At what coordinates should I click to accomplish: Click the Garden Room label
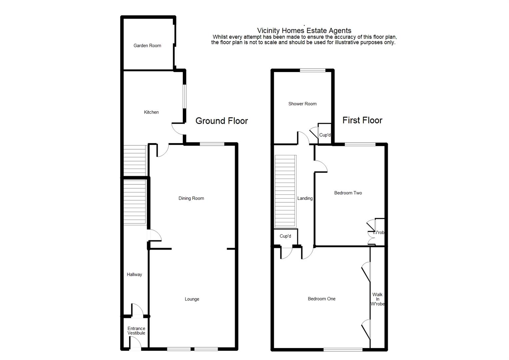(147, 46)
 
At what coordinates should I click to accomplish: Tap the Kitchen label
(151, 112)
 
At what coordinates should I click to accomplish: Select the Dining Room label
(191, 198)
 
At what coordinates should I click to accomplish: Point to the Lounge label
(192, 299)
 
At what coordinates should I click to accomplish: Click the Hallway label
(134, 274)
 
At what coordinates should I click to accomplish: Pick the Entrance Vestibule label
(136, 331)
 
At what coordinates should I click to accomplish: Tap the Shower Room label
(303, 104)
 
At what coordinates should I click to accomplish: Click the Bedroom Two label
(348, 193)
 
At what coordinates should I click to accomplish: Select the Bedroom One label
(322, 299)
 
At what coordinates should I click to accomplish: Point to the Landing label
(305, 198)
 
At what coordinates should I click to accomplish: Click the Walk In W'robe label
(378, 299)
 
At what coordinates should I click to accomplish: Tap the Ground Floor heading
(221, 121)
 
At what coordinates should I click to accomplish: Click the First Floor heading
(363, 120)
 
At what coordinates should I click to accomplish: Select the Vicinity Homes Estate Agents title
(304, 30)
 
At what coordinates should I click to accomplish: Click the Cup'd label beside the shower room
(325, 135)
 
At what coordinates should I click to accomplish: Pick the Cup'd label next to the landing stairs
(285, 236)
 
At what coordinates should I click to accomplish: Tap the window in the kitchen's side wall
(184, 96)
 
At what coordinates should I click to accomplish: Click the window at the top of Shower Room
(313, 70)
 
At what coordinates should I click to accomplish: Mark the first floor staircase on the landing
(286, 191)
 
